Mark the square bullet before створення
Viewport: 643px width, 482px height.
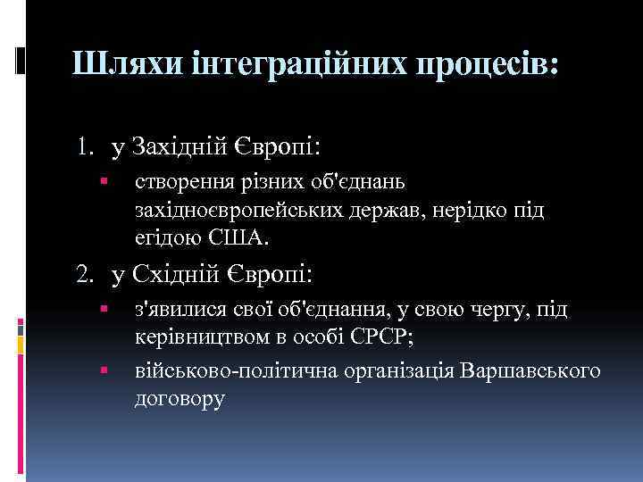click(104, 183)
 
